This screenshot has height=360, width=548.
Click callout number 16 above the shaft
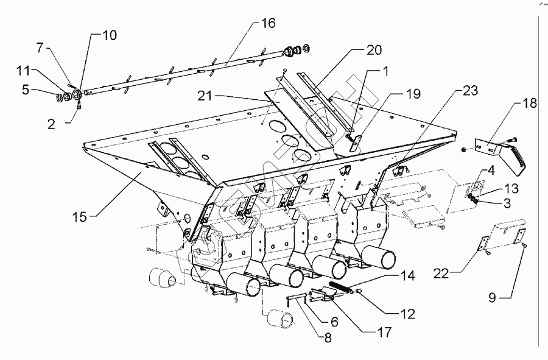[269, 24]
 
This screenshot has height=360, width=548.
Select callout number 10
[110, 35]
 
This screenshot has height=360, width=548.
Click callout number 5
[26, 90]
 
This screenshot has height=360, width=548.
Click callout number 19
[413, 94]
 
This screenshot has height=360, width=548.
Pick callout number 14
[409, 277]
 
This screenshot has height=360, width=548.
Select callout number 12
[407, 314]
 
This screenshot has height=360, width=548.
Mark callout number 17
[384, 333]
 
